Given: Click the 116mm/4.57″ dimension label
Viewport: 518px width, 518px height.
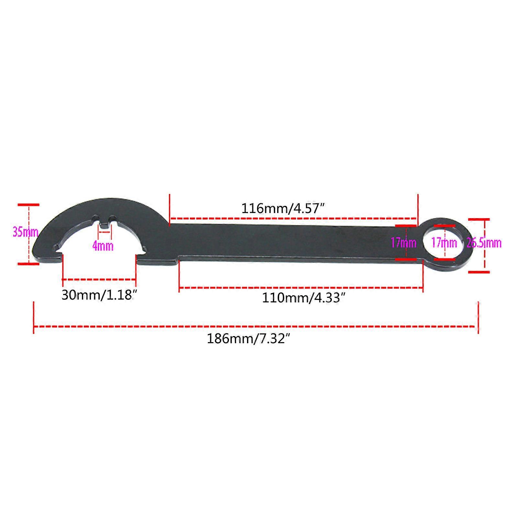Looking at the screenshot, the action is (x=283, y=208).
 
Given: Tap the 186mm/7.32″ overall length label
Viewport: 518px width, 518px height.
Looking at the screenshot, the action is (x=248, y=339).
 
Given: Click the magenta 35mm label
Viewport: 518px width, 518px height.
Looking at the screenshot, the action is (x=26, y=232).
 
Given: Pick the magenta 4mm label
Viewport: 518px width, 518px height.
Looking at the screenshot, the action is (x=103, y=246).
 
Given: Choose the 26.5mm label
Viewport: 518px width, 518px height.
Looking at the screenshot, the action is (x=484, y=243).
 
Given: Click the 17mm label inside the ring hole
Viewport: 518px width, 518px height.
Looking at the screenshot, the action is (x=444, y=242).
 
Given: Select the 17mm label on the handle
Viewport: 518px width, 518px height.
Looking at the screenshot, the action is (x=403, y=242).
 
